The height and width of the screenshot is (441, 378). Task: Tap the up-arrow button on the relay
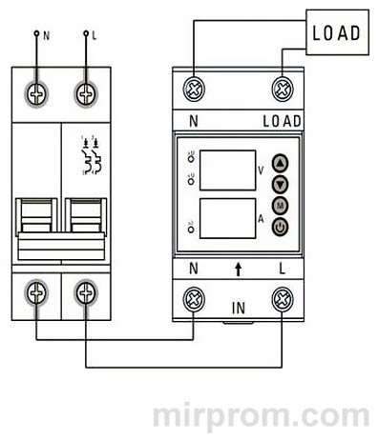(280, 162)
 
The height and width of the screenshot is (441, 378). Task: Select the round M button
(280, 205)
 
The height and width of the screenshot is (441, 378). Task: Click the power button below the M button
(280, 226)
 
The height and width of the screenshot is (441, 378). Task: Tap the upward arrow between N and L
(239, 269)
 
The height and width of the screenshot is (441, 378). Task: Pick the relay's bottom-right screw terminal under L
(282, 301)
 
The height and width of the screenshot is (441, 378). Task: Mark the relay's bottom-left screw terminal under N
(196, 301)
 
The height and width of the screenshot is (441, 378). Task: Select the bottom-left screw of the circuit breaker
(37, 292)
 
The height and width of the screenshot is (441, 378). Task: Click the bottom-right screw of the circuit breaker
(86, 292)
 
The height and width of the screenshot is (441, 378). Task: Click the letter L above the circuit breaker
(94, 34)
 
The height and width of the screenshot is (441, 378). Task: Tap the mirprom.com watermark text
(261, 416)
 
